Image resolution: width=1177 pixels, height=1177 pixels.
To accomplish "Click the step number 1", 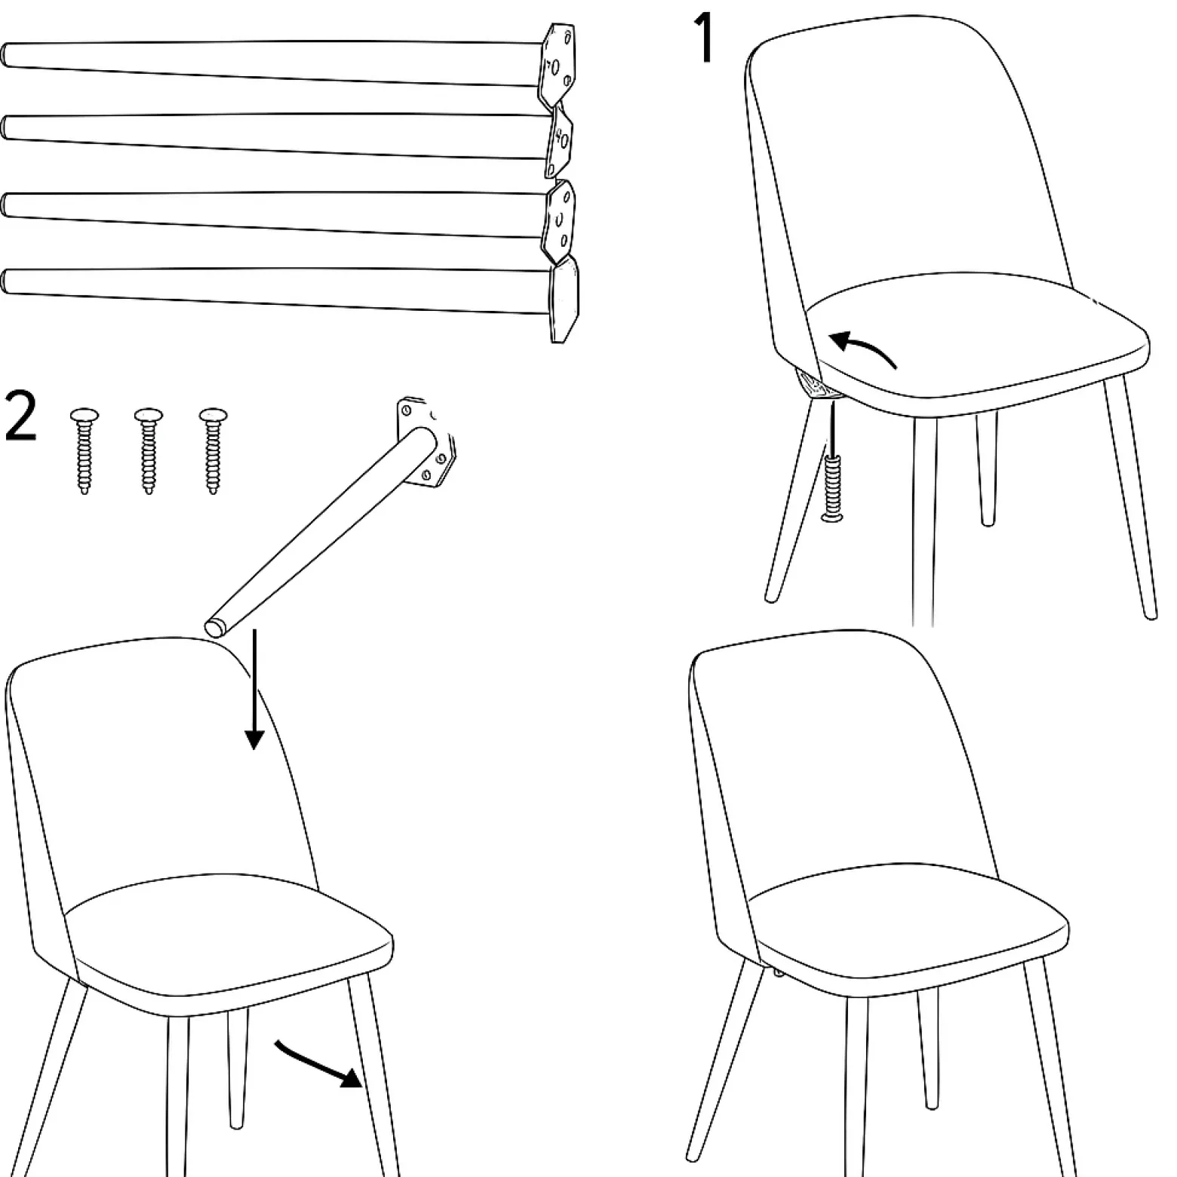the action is click(x=705, y=38).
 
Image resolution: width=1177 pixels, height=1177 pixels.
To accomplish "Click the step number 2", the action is click(x=20, y=416).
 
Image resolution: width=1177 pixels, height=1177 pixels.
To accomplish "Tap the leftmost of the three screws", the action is click(x=83, y=450).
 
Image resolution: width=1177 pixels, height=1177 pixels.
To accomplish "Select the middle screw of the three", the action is click(x=148, y=450).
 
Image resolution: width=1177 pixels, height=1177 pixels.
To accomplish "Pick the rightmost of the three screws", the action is click(x=213, y=450).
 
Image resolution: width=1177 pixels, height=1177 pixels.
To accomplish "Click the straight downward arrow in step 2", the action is click(x=254, y=688).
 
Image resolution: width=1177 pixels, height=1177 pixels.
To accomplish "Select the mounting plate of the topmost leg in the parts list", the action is click(x=557, y=65).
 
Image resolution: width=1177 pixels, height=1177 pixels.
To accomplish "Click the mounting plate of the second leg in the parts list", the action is click(x=560, y=141).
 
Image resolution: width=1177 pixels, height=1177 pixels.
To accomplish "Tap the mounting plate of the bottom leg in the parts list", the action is click(x=564, y=299).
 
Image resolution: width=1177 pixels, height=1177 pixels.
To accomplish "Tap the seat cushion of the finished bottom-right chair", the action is click(x=909, y=932).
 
